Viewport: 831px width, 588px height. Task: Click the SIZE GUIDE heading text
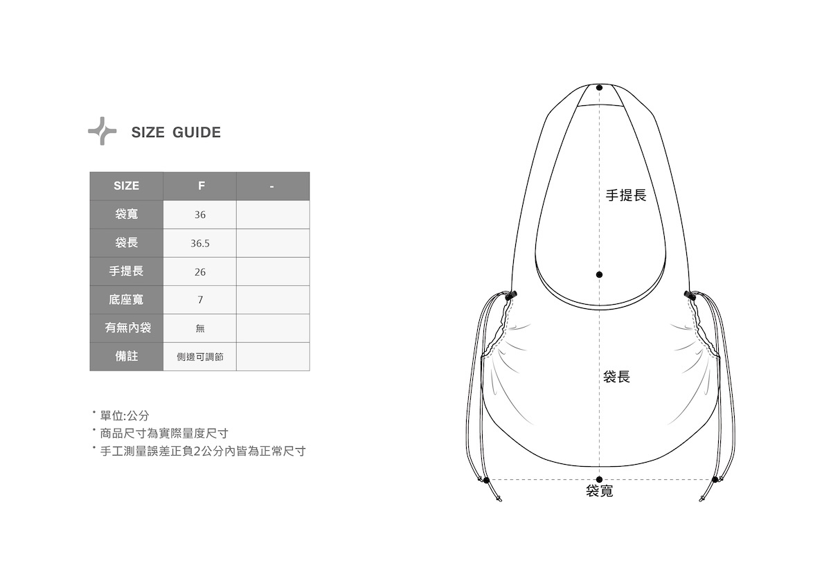tap(176, 132)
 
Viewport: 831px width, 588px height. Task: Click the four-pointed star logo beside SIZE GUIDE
tap(102, 131)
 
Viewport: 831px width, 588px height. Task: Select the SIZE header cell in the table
tap(126, 186)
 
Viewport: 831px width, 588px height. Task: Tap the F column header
tap(200, 186)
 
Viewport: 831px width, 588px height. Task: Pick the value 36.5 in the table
tap(200, 244)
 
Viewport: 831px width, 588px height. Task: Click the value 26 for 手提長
tap(200, 272)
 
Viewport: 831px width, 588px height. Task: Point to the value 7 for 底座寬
tap(200, 301)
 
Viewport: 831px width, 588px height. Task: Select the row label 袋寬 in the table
tap(126, 215)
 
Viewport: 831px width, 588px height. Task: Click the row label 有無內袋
tap(126, 328)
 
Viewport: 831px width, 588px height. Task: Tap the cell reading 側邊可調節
tap(200, 357)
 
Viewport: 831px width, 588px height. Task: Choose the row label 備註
tap(126, 356)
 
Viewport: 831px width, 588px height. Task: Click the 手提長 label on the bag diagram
tap(626, 195)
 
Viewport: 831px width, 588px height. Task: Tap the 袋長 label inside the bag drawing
tap(616, 377)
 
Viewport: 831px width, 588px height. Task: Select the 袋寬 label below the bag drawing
tap(599, 491)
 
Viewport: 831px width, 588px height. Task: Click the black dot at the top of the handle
tap(599, 88)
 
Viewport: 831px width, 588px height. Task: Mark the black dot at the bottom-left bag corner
tap(486, 480)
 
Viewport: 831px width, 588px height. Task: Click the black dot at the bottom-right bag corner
tap(715, 479)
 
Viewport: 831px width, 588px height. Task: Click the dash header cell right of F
tap(273, 186)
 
